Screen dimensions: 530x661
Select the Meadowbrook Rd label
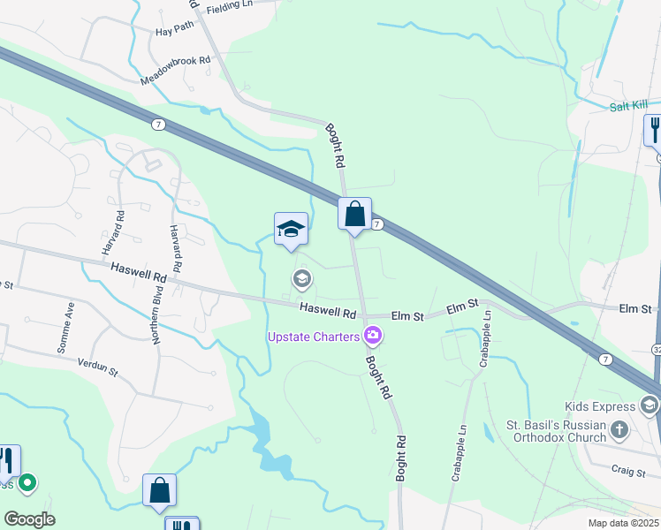point(177,72)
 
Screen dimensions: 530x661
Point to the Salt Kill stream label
point(629,106)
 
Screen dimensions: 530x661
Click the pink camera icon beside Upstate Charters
point(373,335)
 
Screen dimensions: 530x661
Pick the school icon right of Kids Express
point(650,405)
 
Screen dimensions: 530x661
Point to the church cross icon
point(619,430)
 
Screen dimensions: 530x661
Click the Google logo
point(28,519)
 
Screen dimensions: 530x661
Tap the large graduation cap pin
point(291,230)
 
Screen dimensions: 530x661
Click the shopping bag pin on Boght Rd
point(354,215)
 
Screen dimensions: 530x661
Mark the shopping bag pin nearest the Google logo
point(159,490)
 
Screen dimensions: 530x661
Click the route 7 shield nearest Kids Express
point(605,360)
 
